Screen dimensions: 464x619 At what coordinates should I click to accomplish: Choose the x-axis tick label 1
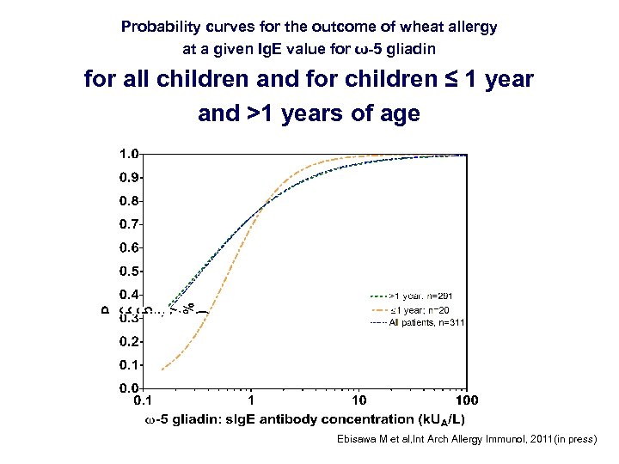click(x=250, y=400)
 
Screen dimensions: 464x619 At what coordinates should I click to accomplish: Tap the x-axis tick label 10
click(x=359, y=400)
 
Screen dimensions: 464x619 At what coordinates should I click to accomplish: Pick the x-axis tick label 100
click(x=466, y=400)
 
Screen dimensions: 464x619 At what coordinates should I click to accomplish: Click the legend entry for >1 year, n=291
click(x=416, y=296)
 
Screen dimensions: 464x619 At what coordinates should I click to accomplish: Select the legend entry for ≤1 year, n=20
click(x=416, y=309)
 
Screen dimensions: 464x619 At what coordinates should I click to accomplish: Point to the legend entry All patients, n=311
click(x=416, y=323)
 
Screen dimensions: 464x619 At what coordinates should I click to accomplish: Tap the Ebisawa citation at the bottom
click(x=465, y=439)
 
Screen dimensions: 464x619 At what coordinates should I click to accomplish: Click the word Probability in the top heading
click(x=160, y=27)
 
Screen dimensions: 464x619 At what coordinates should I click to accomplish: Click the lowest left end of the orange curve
click(x=162, y=369)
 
